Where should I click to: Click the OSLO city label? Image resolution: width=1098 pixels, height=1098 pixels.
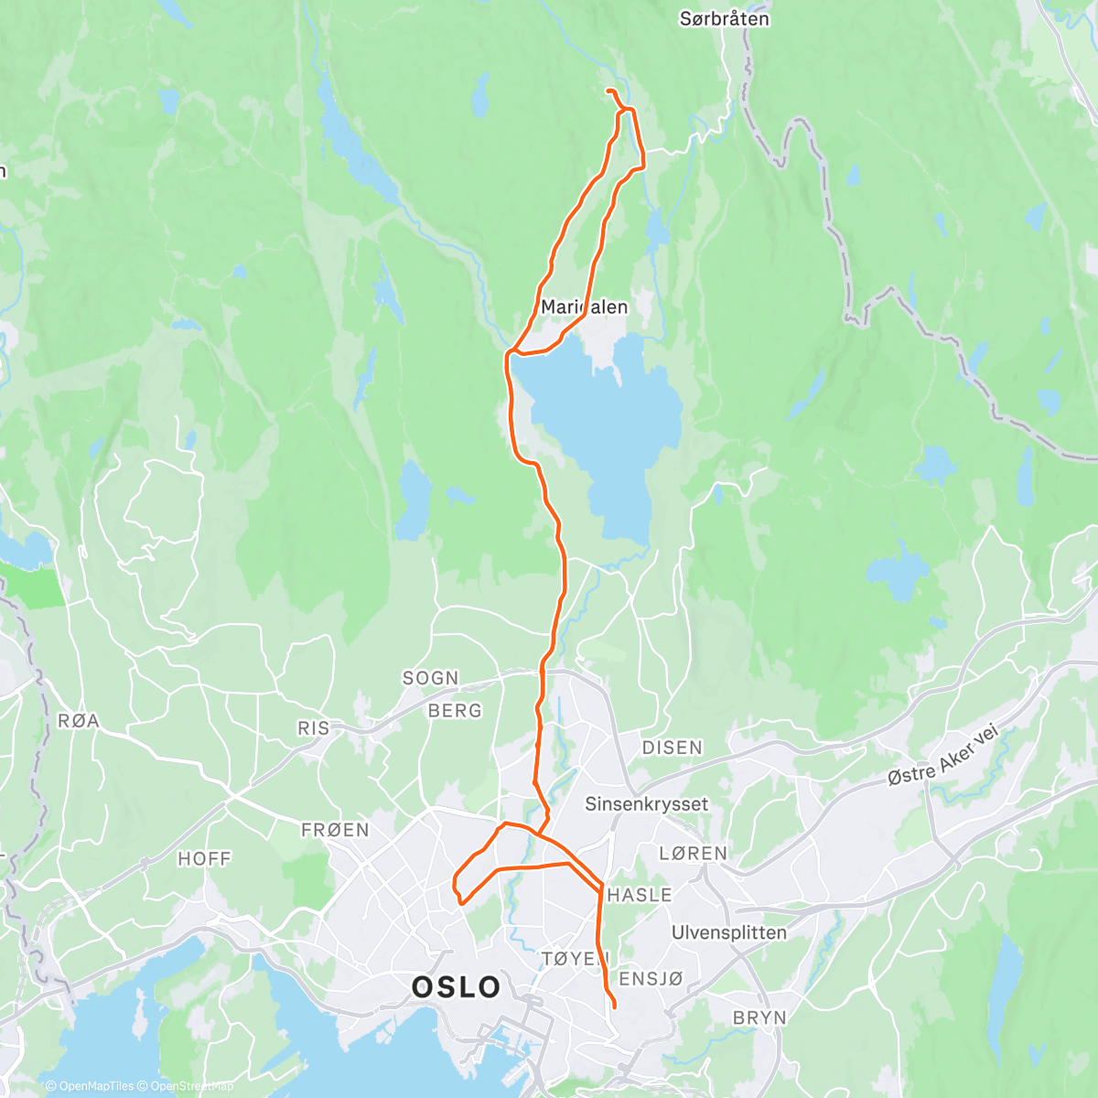tap(456, 987)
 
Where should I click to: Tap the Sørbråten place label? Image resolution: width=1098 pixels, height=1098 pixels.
tap(725, 18)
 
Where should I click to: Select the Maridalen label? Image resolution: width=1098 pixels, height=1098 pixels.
tap(584, 307)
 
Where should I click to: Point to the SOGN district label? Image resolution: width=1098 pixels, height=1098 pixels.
tap(430, 678)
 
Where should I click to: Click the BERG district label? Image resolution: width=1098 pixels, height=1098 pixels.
tap(455, 711)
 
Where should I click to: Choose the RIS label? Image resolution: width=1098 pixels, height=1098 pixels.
tap(313, 728)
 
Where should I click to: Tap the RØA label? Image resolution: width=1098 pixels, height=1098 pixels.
tap(79, 721)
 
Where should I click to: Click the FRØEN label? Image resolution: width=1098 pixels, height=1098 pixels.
tap(335, 830)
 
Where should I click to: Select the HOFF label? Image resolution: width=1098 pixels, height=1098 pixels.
tap(204, 858)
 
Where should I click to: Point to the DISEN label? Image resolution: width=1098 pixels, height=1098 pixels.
tap(672, 748)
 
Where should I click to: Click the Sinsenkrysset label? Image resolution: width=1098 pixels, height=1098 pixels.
tap(646, 804)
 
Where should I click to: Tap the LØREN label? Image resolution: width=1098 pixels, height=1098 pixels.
tap(693, 853)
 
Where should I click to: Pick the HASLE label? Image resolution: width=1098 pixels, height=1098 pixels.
tap(640, 895)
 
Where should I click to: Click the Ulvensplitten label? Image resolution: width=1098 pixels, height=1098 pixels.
tap(728, 932)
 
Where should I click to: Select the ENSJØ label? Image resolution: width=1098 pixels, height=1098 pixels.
tap(651, 979)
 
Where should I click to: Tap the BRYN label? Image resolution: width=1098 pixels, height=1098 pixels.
tap(759, 1017)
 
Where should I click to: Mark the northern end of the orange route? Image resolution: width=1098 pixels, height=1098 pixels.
tap(608, 90)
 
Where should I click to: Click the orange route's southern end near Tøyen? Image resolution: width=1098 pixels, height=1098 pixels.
tap(614, 1007)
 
